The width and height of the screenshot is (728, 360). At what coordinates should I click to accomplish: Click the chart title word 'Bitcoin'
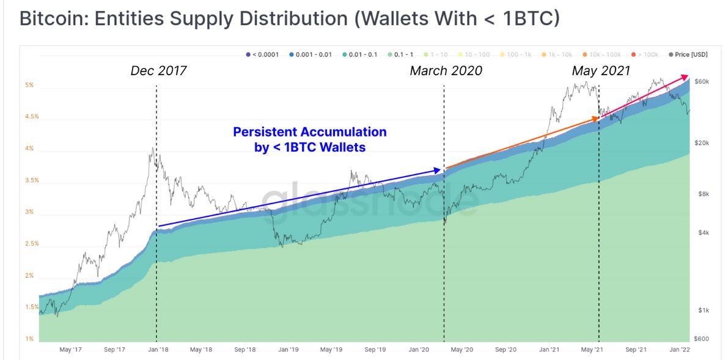click(53, 18)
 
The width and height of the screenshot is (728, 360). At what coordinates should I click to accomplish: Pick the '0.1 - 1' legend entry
click(402, 54)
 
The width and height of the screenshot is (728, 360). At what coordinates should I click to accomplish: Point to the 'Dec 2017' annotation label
click(158, 71)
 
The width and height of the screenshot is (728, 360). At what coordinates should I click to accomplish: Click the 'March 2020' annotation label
click(446, 71)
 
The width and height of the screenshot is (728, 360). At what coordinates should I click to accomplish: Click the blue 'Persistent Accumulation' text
click(310, 132)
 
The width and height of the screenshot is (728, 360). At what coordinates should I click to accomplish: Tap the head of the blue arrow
click(439, 170)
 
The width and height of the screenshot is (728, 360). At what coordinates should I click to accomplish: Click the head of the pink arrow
click(686, 76)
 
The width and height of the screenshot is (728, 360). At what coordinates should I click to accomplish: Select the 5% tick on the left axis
click(28, 86)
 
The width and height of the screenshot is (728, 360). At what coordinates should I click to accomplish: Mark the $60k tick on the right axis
click(701, 81)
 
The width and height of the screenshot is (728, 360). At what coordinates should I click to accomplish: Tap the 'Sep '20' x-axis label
click(506, 350)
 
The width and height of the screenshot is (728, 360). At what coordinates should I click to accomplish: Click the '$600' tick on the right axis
click(701, 339)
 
